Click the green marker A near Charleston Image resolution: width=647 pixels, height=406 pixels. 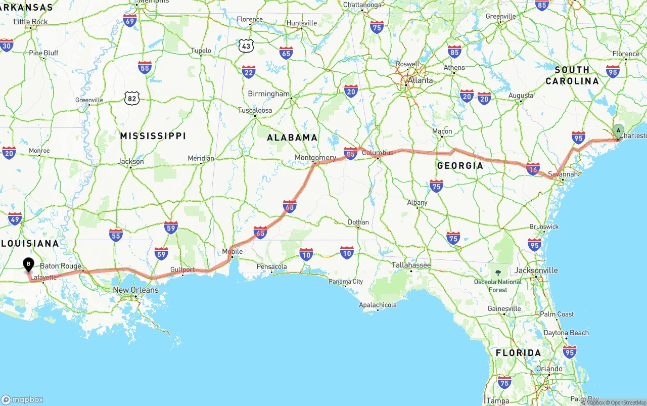(618, 130)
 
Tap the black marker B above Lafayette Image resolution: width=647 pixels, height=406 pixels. (29, 264)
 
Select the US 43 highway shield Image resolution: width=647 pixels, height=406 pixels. (246, 46)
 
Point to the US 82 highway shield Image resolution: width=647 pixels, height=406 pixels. (132, 99)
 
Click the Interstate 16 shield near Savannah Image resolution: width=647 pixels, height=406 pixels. (533, 169)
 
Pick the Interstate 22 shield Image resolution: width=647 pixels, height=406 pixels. (249, 72)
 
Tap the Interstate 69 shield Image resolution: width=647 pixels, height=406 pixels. (130, 21)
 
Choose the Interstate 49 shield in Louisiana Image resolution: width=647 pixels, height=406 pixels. (15, 219)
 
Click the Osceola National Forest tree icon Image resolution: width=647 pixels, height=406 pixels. (498, 273)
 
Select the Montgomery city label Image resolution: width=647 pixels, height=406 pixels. (315, 158)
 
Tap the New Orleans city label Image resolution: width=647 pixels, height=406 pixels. (135, 290)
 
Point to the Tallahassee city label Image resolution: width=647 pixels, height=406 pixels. (411, 265)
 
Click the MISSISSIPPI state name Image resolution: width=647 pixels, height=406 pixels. (153, 136)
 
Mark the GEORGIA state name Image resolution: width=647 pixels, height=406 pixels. (460, 165)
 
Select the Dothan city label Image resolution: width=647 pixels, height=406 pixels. (358, 222)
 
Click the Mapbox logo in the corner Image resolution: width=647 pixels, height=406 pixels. (22, 399)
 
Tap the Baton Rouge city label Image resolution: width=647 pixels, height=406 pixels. (61, 266)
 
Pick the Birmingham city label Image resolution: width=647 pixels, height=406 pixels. (268, 94)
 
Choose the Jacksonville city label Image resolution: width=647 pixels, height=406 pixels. (536, 270)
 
